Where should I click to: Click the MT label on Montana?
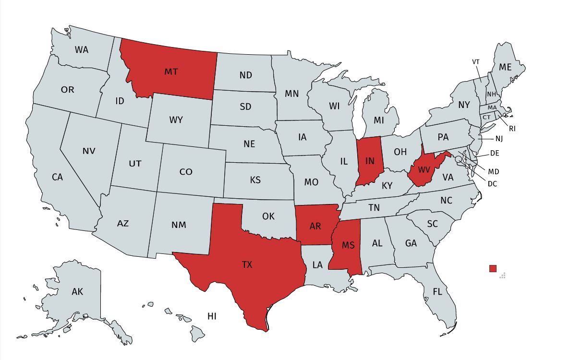pos(171,72)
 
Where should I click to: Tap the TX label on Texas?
pos(247,264)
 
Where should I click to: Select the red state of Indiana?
pos(369,161)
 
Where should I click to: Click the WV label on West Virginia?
pos(424,170)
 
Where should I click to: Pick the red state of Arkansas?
pos(315,226)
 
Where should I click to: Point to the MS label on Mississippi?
pos(348,245)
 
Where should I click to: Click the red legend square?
pos(493,268)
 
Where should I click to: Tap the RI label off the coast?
pos(512,129)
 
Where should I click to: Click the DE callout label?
pos(495,154)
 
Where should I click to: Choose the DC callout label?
pos(492,183)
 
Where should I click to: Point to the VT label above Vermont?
pos(476,62)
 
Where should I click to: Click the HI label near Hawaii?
pos(212,316)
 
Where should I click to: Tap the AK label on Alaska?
pos(77,291)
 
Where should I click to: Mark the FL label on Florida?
pos(437,291)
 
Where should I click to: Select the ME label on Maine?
pos(505,67)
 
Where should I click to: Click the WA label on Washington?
pos(82,49)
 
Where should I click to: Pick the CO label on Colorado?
pos(186,171)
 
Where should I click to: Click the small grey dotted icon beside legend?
pos(503,275)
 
